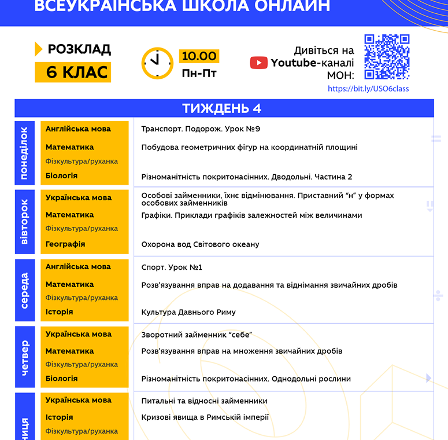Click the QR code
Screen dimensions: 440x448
pyautogui.click(x=387, y=57)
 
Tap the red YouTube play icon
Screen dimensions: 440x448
pyautogui.click(x=258, y=63)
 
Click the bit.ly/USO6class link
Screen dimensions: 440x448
pyautogui.click(x=368, y=89)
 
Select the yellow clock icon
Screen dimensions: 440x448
pyautogui.click(x=157, y=63)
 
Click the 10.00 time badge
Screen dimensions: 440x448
pyautogui.click(x=199, y=56)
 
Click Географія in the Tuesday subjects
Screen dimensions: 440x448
pyautogui.click(x=65, y=244)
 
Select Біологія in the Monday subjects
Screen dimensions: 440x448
pyautogui.click(x=61, y=175)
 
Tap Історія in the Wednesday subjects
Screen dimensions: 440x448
pyautogui.click(x=59, y=312)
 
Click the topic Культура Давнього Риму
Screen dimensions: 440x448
pyautogui.click(x=188, y=312)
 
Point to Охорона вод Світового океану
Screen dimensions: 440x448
pyautogui.click(x=200, y=244)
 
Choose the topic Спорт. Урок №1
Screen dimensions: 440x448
pyautogui.click(x=172, y=267)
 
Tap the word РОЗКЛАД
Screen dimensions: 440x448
pyautogui.click(x=79, y=49)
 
